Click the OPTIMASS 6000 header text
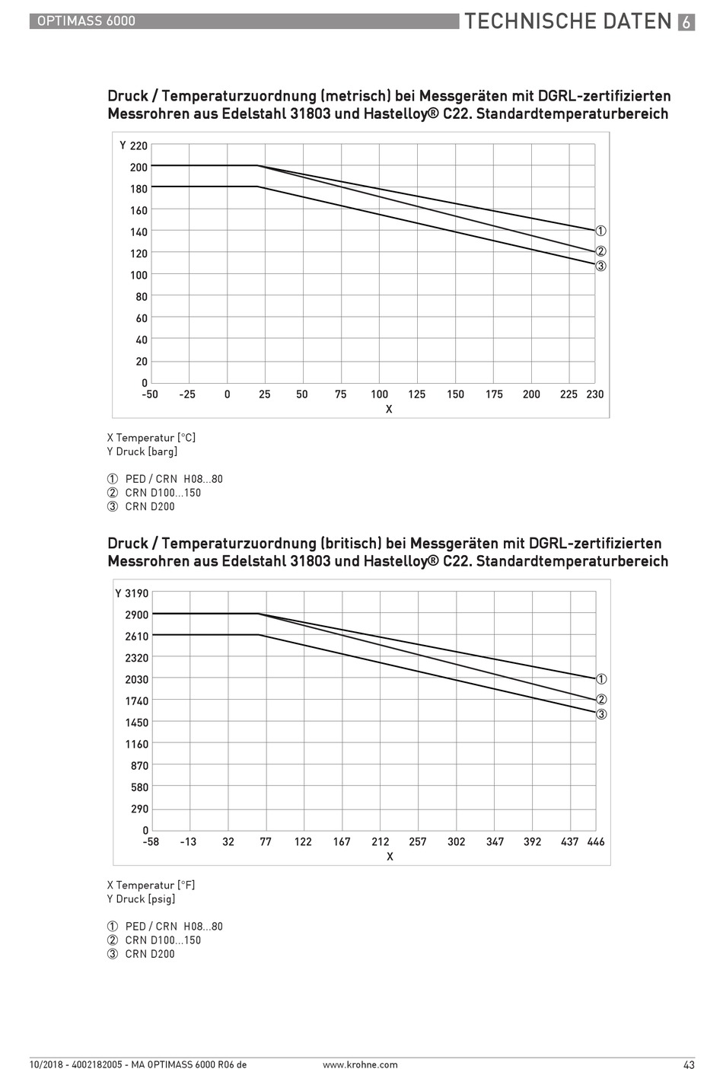pos(86,21)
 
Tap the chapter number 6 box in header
pos(686,22)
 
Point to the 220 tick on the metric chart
pos(139,145)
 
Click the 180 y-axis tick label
pos(139,189)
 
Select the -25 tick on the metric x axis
pos(187,394)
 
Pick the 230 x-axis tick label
pos(594,394)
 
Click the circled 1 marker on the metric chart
pos(601,231)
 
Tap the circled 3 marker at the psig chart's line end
pos(601,714)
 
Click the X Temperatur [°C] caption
pos(151,438)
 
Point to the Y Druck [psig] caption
pos(141,898)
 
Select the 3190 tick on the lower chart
pos(137,593)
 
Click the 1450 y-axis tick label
pos(137,723)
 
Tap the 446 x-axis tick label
pos(596,842)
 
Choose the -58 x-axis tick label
pos(151,842)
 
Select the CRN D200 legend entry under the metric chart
pos(141,506)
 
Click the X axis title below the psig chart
pos(390,857)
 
